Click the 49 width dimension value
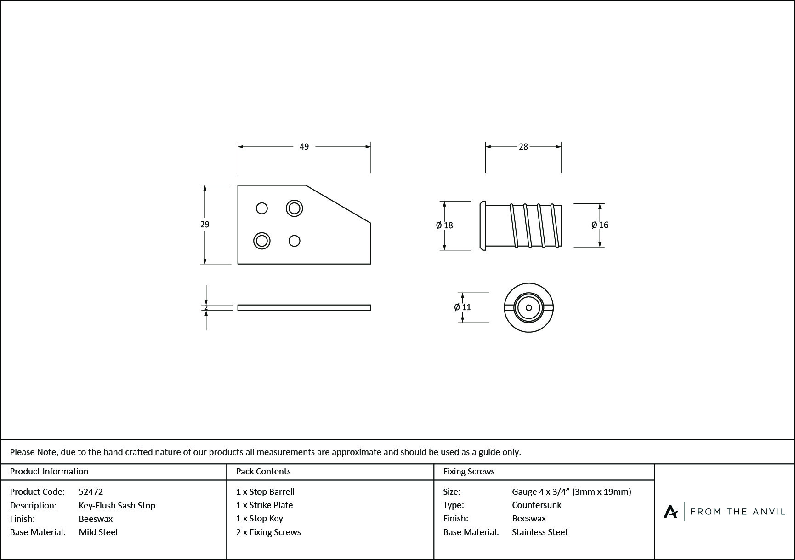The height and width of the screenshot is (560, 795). tap(304, 147)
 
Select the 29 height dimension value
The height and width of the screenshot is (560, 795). tap(205, 225)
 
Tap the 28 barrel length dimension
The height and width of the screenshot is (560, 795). tap(523, 147)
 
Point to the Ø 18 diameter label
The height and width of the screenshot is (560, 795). tap(444, 225)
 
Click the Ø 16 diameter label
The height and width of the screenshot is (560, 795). tap(600, 225)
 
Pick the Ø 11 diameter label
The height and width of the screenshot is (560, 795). tap(462, 307)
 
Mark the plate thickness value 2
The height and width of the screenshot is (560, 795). tap(206, 307)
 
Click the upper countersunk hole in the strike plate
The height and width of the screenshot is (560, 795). tap(294, 208)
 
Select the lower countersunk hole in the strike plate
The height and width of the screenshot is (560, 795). tap(262, 241)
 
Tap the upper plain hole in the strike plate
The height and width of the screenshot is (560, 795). tap(262, 208)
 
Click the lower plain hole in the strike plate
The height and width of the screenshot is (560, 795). tap(295, 241)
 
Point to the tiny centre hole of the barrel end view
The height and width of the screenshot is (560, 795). tap(528, 307)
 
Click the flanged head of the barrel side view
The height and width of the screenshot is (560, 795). tap(483, 225)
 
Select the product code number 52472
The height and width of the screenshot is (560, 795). tap(91, 491)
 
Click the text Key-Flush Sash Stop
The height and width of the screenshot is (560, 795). tap(117, 505)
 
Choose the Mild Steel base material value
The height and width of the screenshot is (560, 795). tap(98, 532)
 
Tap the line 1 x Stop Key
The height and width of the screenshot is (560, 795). tap(260, 519)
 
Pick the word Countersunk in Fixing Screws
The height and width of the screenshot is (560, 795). tap(537, 505)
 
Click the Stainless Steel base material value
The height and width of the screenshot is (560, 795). tap(539, 532)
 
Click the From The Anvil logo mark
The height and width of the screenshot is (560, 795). tap(671, 512)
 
